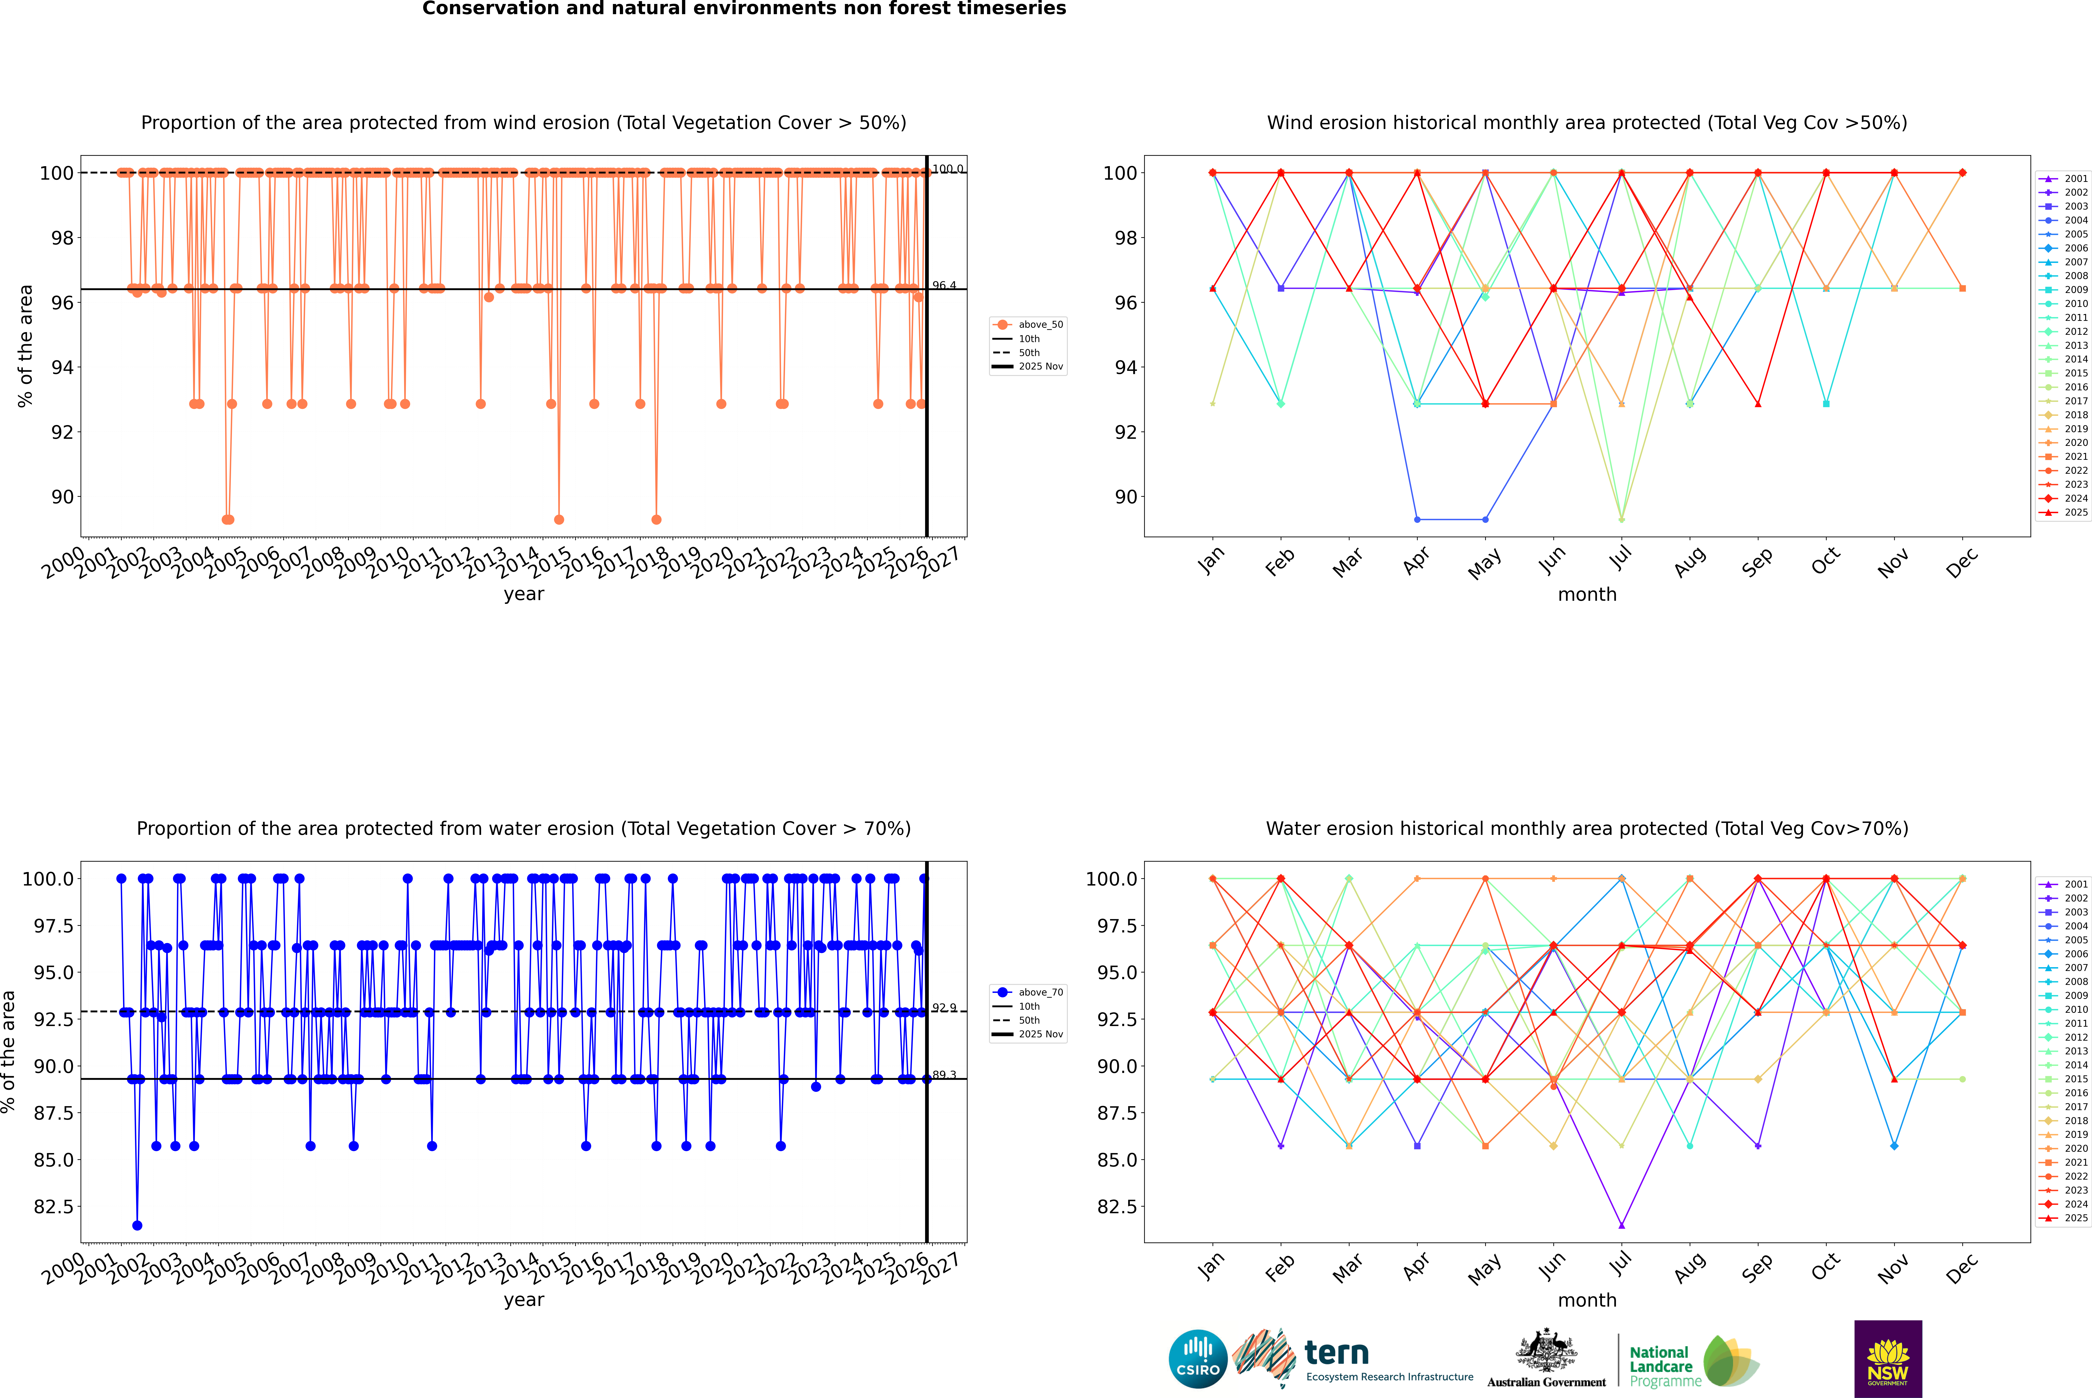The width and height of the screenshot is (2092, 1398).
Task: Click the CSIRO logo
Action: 1198,1359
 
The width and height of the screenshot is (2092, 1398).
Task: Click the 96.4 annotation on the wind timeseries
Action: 943,285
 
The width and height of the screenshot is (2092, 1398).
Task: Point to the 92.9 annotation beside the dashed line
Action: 943,1007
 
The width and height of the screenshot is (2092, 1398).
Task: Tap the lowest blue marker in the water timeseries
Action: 136,1225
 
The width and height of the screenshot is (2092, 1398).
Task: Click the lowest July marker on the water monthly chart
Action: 1621,1225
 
